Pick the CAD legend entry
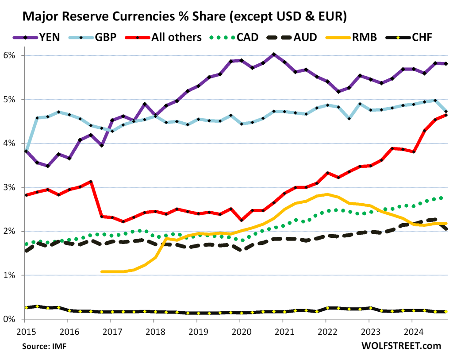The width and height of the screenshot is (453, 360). [x=239, y=37]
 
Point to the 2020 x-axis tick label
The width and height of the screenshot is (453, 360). [x=239, y=330]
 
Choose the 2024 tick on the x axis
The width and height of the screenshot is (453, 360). [x=411, y=330]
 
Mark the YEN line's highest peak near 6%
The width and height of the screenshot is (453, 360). [x=274, y=54]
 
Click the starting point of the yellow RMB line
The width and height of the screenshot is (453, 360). [x=102, y=271]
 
